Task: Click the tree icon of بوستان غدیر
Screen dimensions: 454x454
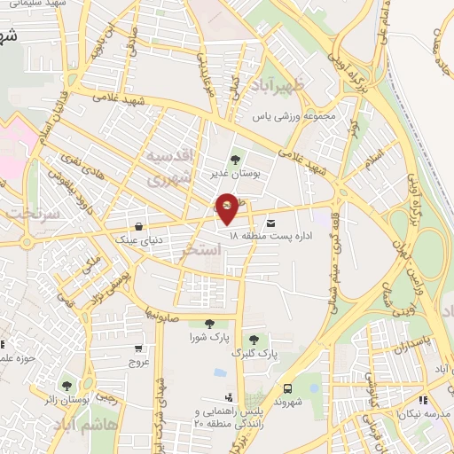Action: coord(235,160)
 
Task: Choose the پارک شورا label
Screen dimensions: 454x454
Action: coord(208,339)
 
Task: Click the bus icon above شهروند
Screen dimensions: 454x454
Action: coord(288,388)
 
